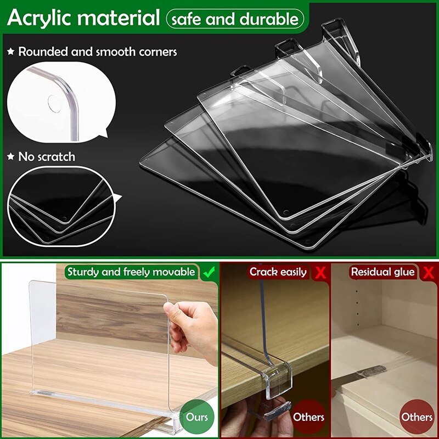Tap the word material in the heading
point(119,18)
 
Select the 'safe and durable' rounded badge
point(235,19)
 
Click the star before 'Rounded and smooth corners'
point(10,52)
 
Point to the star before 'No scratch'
point(10,156)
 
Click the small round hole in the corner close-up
point(54,104)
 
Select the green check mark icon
point(209,272)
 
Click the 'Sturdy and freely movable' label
point(131,272)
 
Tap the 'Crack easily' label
point(278,272)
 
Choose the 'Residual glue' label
point(382,272)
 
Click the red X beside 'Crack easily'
point(320,272)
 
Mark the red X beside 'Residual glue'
point(429,272)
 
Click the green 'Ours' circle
point(197,417)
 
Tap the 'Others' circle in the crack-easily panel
point(308,417)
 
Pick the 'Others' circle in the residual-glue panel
point(417,417)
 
